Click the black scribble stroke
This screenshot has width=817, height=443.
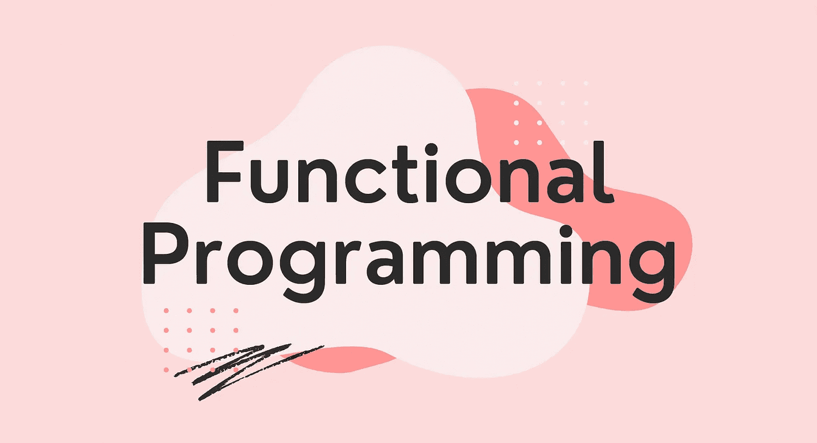click(x=245, y=368)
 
